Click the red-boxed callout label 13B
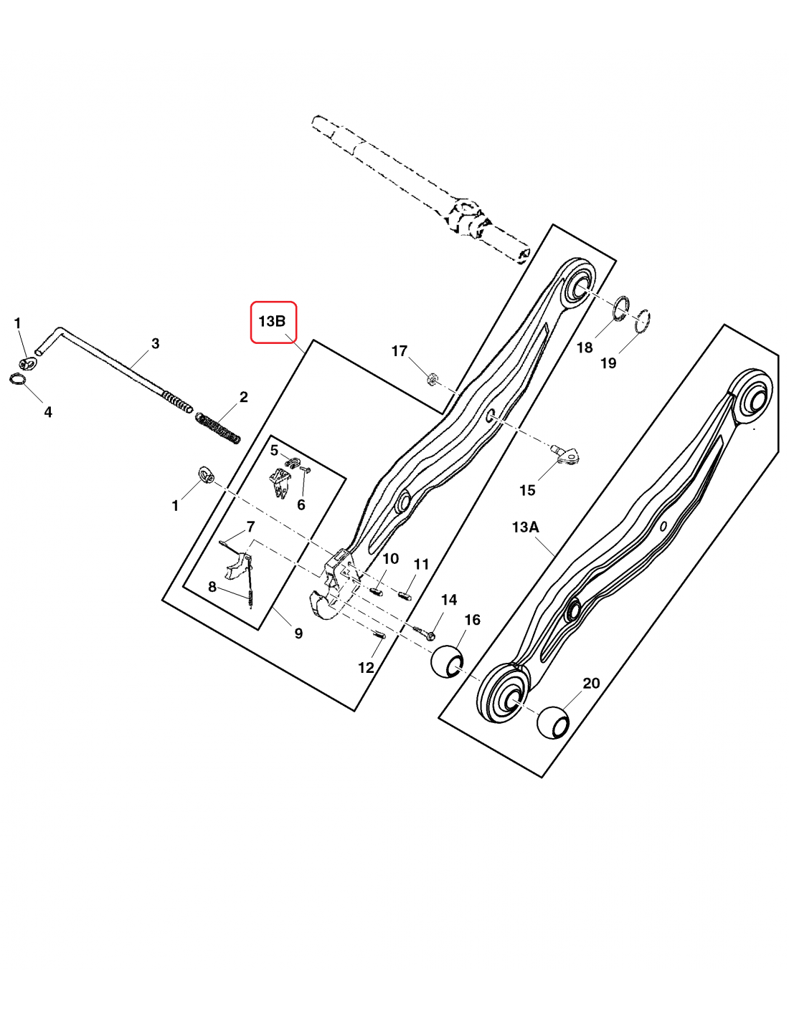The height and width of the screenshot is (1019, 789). [x=272, y=322]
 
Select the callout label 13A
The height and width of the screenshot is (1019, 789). [x=525, y=527]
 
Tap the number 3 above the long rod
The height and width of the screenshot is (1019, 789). [x=156, y=343]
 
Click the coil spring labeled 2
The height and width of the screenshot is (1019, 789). [x=217, y=428]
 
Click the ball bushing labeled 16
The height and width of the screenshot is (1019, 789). [x=448, y=661]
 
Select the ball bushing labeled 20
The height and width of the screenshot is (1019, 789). [x=554, y=722]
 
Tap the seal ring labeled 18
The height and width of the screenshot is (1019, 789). [x=621, y=309]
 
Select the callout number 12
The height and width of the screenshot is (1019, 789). [x=366, y=667]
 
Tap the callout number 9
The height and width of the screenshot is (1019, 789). [x=298, y=633]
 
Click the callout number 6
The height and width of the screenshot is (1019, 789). [x=301, y=504]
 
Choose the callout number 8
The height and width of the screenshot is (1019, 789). [x=212, y=586]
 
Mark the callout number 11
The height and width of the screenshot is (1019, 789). [x=422, y=564]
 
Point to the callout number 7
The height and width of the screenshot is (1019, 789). [x=250, y=527]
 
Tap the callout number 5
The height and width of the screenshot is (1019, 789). [x=275, y=450]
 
